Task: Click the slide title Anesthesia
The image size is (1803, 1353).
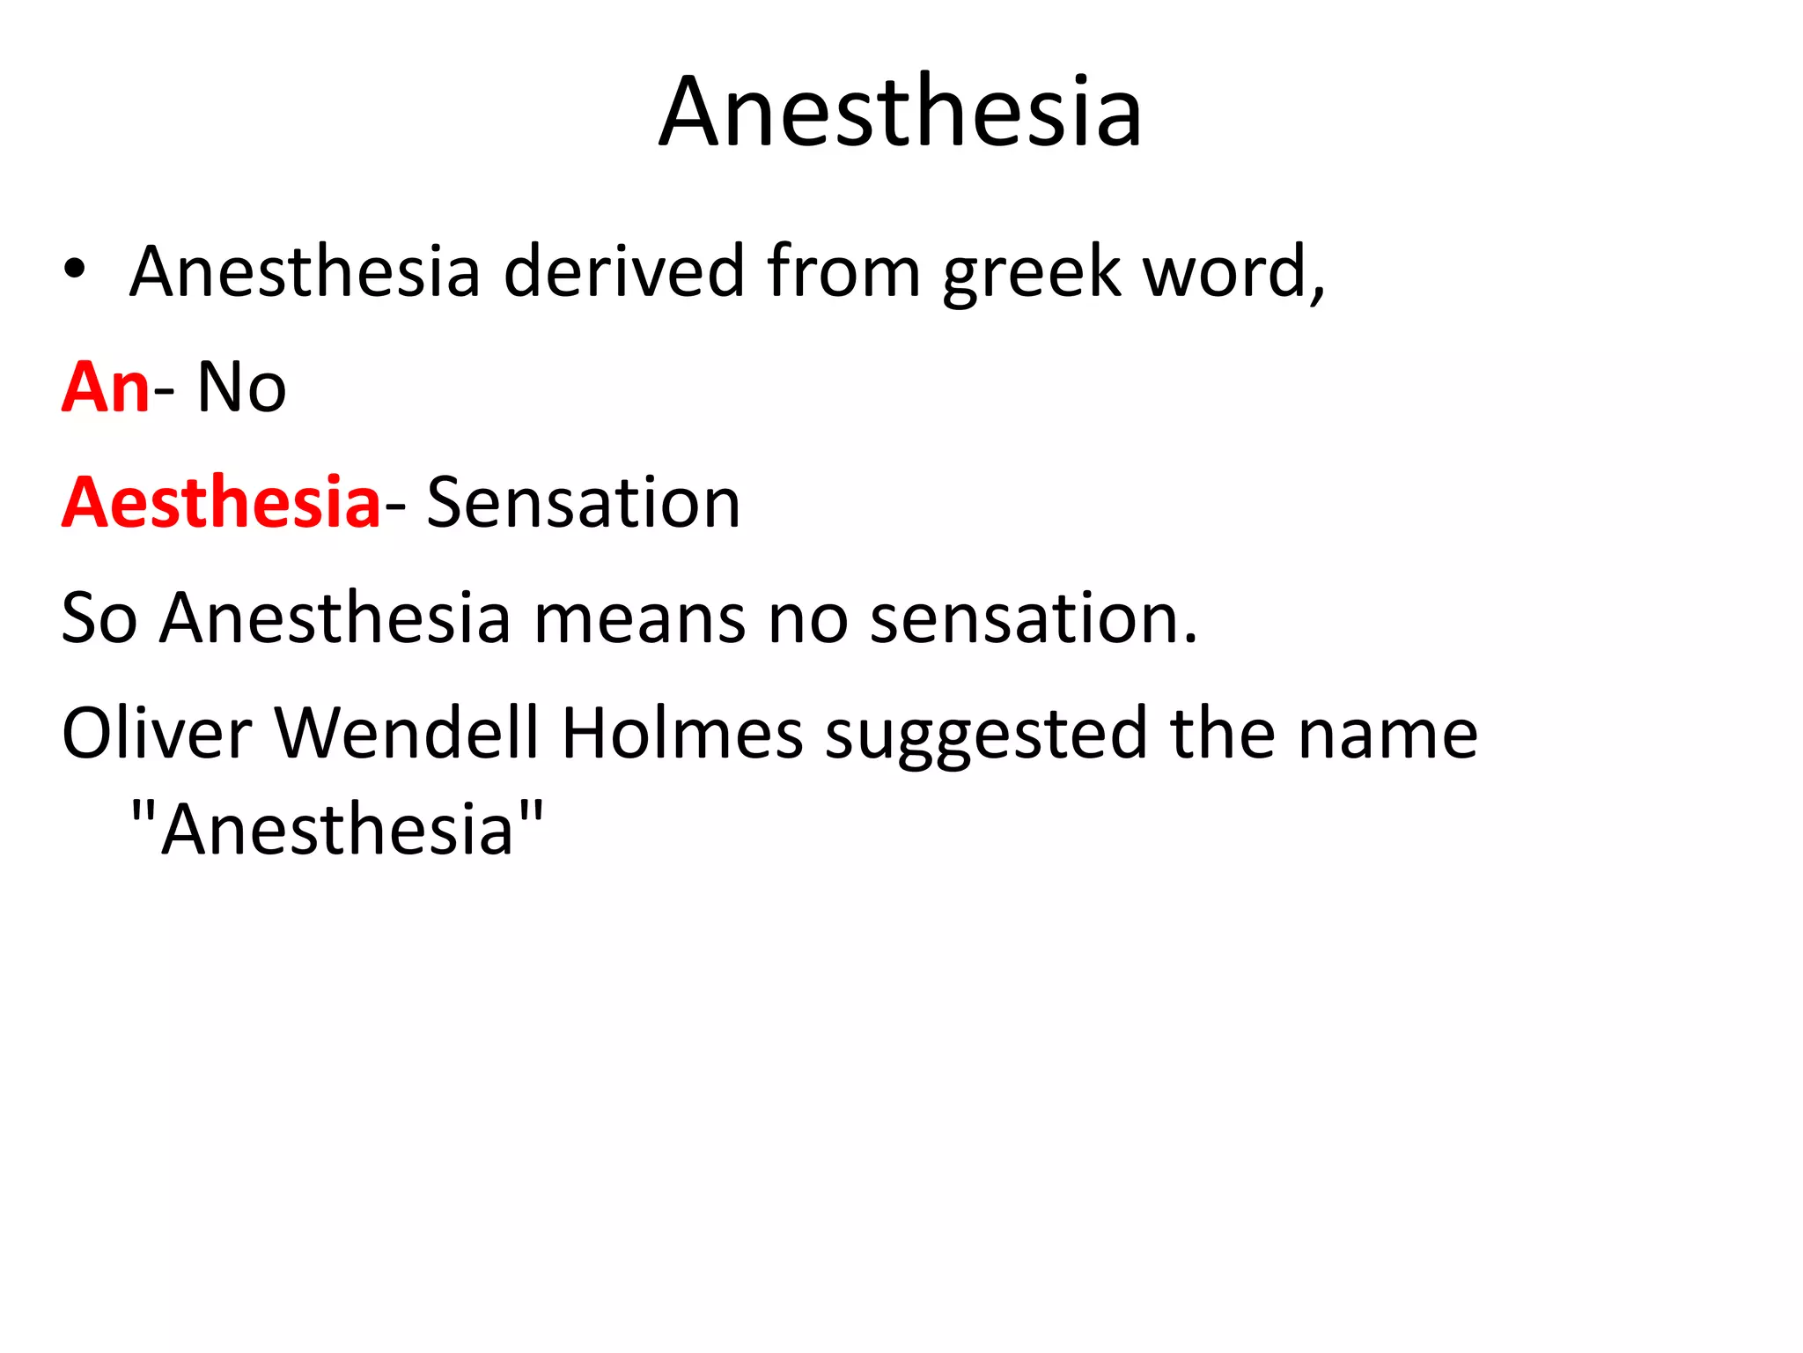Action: (901, 112)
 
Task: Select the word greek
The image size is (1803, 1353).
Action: (1031, 273)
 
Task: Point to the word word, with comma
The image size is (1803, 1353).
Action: (1233, 272)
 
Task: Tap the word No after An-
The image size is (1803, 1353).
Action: (241, 387)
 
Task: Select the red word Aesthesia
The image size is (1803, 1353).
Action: (220, 502)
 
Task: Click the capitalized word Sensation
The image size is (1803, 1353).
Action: (583, 502)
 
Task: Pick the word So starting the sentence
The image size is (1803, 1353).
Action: (99, 617)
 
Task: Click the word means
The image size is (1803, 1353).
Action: (640, 617)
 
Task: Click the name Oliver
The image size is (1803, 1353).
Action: (157, 733)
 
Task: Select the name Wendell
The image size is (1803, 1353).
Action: (407, 733)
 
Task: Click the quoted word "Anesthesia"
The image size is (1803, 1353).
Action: (337, 829)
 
